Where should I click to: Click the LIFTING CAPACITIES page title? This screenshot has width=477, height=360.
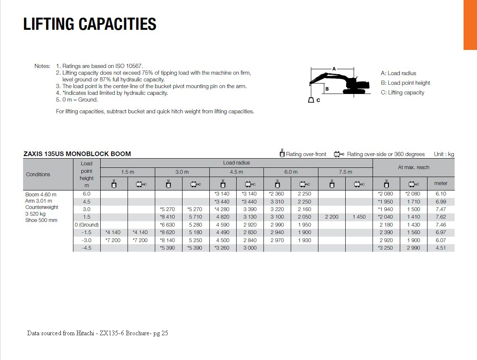point(90,24)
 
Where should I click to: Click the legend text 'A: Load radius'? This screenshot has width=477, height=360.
point(398,73)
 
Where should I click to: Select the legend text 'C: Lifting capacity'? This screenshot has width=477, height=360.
point(402,93)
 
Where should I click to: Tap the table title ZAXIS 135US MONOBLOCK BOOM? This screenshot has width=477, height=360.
point(77,154)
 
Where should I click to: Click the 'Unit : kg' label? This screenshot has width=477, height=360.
point(444,154)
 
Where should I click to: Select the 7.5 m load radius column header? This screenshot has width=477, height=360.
point(345,172)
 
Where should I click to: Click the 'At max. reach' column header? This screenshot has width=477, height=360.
point(413,167)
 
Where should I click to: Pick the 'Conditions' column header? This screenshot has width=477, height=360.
point(38,175)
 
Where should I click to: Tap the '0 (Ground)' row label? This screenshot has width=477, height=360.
point(86,225)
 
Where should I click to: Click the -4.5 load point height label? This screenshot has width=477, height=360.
point(86,248)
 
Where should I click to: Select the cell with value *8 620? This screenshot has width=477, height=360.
point(168,232)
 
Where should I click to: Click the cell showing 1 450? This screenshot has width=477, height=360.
point(359,217)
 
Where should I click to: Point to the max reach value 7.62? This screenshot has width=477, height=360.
point(441,217)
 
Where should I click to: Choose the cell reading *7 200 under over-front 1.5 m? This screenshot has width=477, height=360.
point(113,240)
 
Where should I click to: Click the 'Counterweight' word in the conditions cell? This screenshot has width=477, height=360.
point(42,207)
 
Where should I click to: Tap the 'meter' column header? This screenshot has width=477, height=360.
point(441,183)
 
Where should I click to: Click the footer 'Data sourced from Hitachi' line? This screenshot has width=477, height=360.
point(98,334)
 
